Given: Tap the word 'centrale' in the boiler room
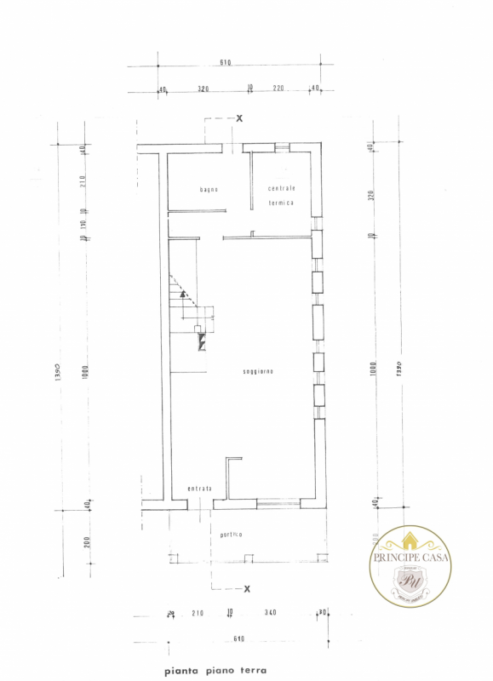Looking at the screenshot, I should (281, 188).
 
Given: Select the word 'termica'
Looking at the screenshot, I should (281, 203).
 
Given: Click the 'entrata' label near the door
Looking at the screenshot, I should (199, 489).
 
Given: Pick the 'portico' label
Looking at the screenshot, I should (231, 534).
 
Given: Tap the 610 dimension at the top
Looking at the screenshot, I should (226, 63).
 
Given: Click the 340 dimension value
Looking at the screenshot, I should (270, 612).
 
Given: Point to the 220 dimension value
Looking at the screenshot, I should (278, 89).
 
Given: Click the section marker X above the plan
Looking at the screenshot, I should (239, 118).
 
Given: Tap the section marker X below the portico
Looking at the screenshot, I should (247, 588).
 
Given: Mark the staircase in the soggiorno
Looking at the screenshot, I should (192, 319).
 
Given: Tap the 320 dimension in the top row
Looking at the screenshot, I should (204, 89).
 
